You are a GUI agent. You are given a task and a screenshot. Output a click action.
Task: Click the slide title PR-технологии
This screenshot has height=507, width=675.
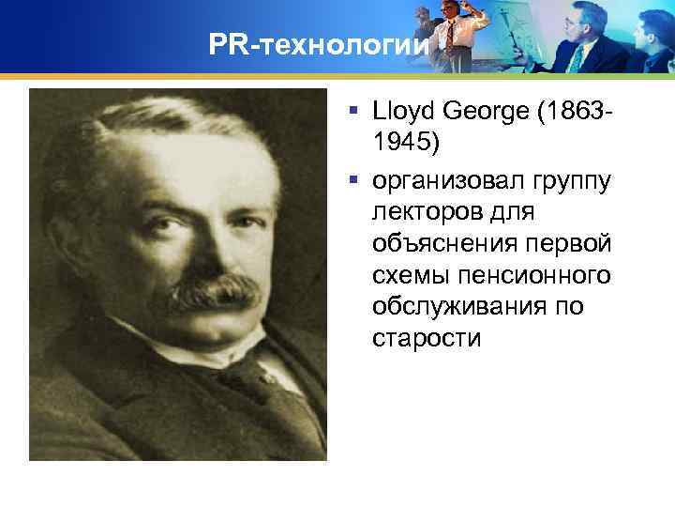pos(320,45)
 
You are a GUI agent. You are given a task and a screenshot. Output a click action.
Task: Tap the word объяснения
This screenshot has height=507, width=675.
pos(442,245)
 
